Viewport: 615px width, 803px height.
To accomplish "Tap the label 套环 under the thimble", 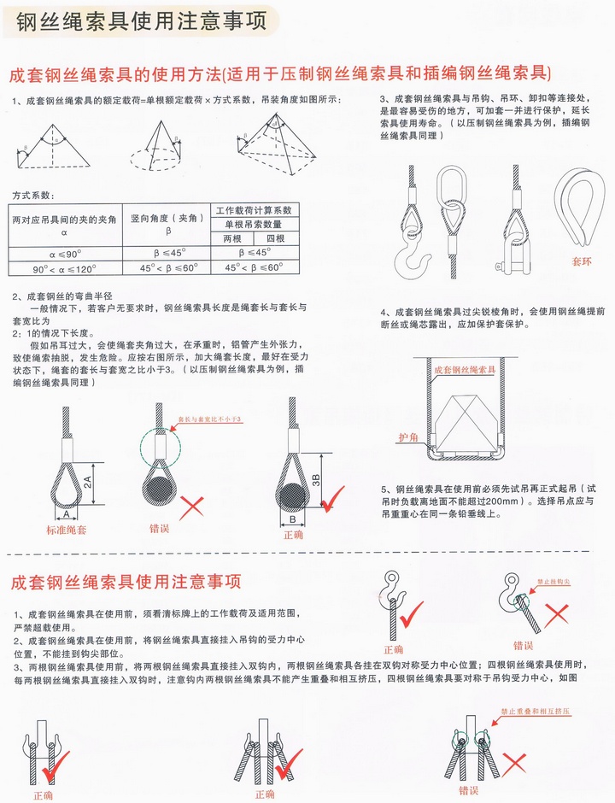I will pyautogui.click(x=582, y=255).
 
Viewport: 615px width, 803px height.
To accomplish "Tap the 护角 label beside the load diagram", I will pyautogui.click(x=409, y=437).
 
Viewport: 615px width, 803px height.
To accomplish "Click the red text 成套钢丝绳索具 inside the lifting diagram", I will pyautogui.click(x=466, y=370).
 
